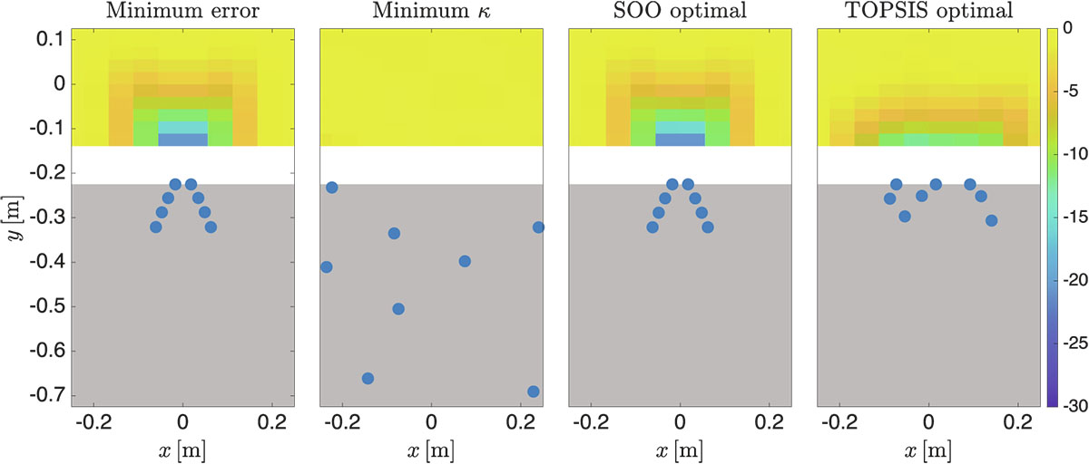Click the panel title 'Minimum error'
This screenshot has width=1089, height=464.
(x=182, y=12)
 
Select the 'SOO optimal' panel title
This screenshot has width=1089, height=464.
(x=680, y=12)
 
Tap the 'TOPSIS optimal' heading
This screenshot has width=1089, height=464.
(x=928, y=12)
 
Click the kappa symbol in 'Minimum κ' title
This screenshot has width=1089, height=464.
(x=476, y=13)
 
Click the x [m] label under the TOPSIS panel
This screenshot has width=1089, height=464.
(x=928, y=450)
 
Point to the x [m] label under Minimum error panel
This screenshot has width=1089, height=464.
(x=182, y=450)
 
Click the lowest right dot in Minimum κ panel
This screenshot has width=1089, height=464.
(x=534, y=391)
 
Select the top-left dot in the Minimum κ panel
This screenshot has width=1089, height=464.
(x=332, y=188)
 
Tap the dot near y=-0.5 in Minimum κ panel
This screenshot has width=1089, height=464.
(x=397, y=309)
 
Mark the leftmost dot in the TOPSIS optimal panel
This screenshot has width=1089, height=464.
(x=890, y=198)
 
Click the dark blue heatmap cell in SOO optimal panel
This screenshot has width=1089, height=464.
(x=680, y=140)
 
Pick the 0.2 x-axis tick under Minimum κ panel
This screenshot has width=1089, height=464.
(x=520, y=422)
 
